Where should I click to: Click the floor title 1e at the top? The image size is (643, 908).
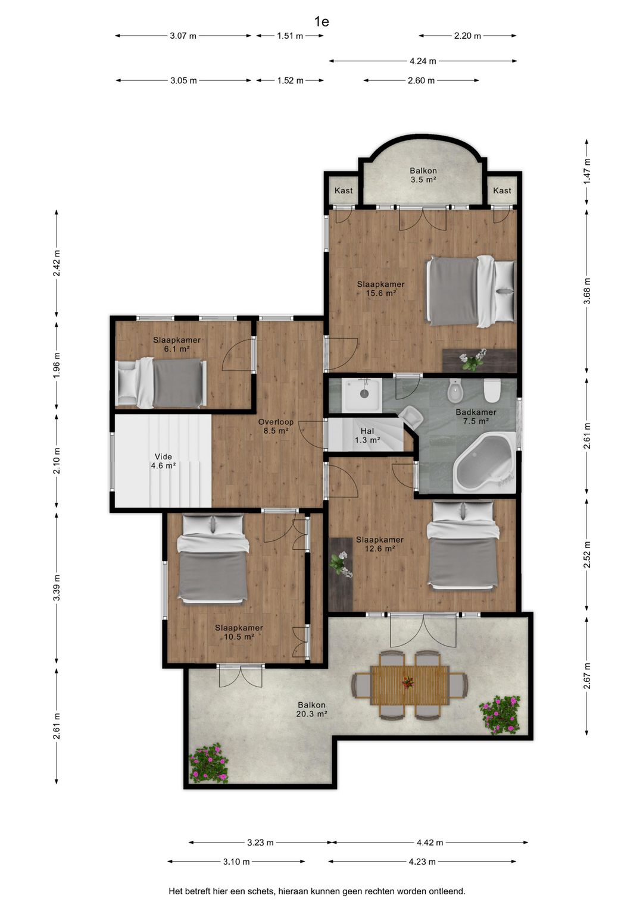(x=321, y=22)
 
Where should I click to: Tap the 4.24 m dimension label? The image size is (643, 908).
(x=423, y=61)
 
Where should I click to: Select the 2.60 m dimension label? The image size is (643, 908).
(x=421, y=81)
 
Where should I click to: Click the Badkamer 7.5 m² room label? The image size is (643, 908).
(x=476, y=417)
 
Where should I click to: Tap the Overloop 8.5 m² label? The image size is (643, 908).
(x=276, y=426)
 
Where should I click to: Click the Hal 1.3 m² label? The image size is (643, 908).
(x=367, y=436)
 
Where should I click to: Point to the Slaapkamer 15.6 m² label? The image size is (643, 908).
(x=380, y=288)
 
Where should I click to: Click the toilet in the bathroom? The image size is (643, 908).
(x=492, y=391)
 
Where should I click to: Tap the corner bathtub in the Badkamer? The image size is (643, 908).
(x=485, y=462)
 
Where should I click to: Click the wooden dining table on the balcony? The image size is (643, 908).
(x=410, y=685)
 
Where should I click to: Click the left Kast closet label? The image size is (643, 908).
(x=343, y=190)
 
